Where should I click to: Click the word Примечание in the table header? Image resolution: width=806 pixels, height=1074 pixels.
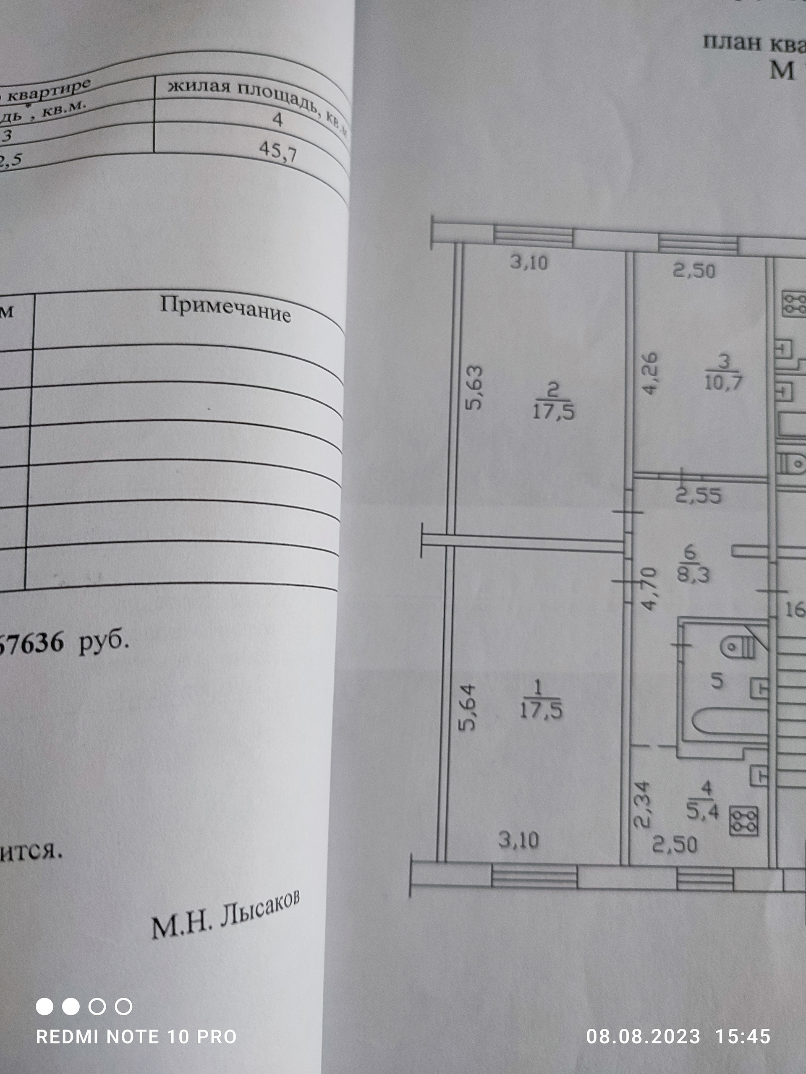tap(225, 309)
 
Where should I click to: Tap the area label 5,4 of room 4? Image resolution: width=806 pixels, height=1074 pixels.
tap(702, 811)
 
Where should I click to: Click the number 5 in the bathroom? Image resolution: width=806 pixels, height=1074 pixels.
tap(717, 682)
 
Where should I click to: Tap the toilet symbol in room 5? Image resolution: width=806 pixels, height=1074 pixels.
tap(738, 647)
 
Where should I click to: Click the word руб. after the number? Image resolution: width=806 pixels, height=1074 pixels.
tap(105, 643)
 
